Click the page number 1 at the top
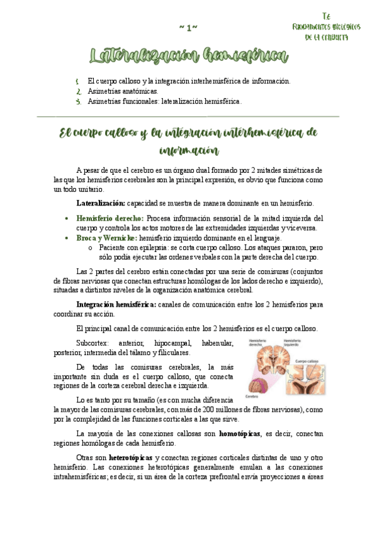click(x=188, y=27)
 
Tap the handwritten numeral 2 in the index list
click(x=77, y=91)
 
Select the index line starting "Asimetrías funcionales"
click(x=164, y=101)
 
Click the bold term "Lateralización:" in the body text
click(x=101, y=203)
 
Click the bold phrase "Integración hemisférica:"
click(x=116, y=304)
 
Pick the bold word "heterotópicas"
click(x=131, y=457)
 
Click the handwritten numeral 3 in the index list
click(x=77, y=101)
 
